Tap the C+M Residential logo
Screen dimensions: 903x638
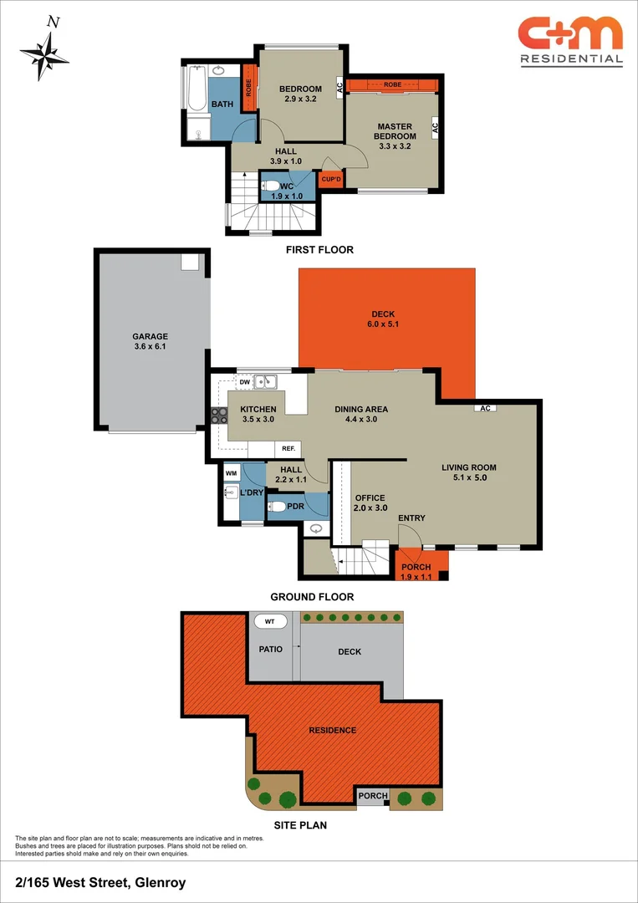tap(570, 40)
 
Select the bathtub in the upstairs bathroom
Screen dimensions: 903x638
tap(195, 90)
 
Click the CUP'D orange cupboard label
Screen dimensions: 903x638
tap(330, 178)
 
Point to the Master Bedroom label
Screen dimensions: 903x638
tap(396, 136)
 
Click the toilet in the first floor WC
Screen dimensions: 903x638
tap(272, 187)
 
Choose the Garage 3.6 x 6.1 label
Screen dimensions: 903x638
tap(150, 341)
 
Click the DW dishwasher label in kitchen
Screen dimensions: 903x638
tap(245, 382)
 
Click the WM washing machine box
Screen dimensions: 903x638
tap(232, 473)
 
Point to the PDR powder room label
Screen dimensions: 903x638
tap(295, 506)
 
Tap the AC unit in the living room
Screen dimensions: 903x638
tap(485, 408)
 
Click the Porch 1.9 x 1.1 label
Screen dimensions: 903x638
tap(416, 573)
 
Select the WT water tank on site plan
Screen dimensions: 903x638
tap(269, 621)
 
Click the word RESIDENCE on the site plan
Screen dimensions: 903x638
tap(333, 730)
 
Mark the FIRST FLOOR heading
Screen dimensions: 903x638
tap(319, 249)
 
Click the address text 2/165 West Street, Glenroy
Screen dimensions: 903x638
tap(100, 882)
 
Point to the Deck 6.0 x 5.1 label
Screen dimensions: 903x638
tap(384, 319)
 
